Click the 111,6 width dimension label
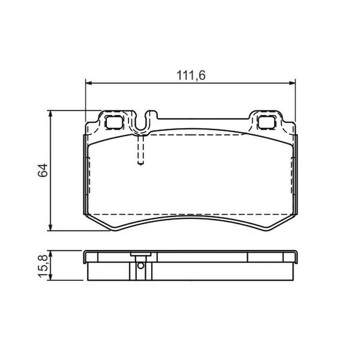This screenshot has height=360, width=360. tap(191, 75)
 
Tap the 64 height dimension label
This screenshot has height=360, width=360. tap(43, 170)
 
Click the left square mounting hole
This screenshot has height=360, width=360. tap(114, 122)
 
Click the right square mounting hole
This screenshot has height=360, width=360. tap(266, 122)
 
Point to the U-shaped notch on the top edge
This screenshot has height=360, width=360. tap(141, 124)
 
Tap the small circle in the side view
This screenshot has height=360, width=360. tap(141, 265)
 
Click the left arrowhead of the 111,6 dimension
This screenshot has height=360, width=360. tap(89, 83)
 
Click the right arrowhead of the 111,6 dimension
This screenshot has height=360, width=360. tap(292, 83)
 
